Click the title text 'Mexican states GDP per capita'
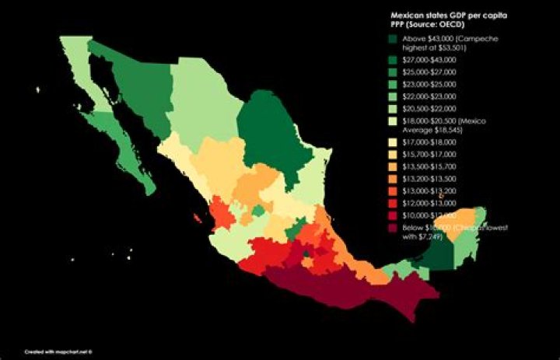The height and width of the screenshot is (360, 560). coord(439,14)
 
